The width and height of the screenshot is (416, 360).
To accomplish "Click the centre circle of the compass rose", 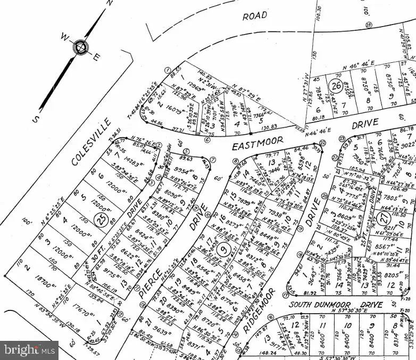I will tap(80, 47).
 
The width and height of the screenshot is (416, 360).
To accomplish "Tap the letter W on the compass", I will tap(64, 37).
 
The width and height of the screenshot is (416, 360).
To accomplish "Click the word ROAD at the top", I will tap(255, 17).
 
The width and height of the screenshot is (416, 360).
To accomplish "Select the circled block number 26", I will tap(336, 85).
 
